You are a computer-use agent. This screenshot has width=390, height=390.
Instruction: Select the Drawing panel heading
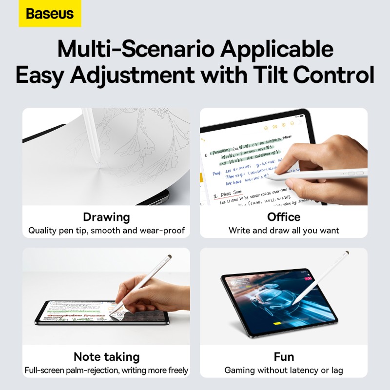pos(106,217)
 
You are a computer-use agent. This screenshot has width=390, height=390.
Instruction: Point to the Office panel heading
pos(284,217)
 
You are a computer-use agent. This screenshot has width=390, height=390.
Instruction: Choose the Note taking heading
pos(106,356)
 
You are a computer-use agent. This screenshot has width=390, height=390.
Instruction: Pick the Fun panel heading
pos(284,356)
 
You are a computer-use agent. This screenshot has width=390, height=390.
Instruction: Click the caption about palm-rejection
pos(106,370)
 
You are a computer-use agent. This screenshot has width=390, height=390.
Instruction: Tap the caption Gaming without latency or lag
pos(284,370)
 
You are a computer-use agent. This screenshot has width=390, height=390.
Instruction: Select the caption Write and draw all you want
pos(284,230)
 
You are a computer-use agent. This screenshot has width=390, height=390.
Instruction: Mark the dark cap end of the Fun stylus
pos(346,253)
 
